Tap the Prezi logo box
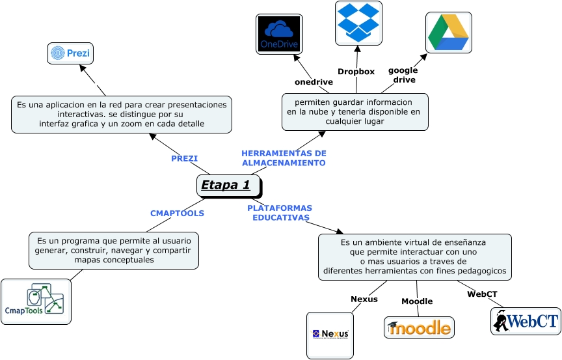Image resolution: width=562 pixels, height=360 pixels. [70, 53]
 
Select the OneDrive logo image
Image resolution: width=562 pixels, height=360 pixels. [279, 34]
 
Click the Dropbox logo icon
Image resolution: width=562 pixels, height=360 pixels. [358, 23]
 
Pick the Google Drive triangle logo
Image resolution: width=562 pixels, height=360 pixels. [448, 33]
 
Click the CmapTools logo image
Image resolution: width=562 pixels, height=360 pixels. [36, 301]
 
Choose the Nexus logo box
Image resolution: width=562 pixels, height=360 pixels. [330, 335]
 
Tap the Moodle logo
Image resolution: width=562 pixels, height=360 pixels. [419, 327]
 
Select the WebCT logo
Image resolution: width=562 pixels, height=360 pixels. [526, 321]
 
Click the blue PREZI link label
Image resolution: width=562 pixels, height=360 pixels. [184, 158]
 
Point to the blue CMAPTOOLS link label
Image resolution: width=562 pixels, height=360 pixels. [177, 213]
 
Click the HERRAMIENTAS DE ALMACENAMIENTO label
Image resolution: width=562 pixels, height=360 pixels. [284, 158]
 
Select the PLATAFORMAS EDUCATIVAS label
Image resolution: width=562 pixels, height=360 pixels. [280, 213]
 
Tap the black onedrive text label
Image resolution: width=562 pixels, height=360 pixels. [314, 82]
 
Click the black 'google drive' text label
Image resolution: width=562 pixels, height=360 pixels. [403, 75]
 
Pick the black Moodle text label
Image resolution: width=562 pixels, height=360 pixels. [417, 301]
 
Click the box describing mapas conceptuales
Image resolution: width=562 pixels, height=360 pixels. [114, 251]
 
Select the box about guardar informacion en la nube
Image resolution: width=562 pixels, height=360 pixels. [355, 111]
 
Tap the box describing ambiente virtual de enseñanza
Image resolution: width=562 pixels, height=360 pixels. [414, 257]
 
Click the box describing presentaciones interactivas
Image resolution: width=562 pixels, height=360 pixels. [122, 114]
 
